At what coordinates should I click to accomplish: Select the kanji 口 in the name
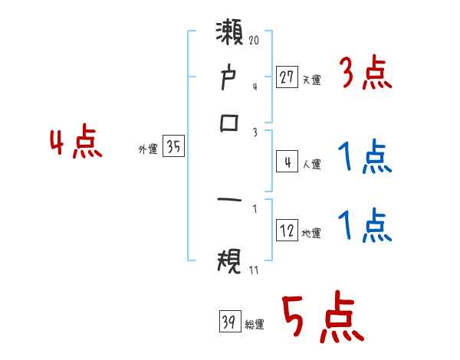[x=230, y=124]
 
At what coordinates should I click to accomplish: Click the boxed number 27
[x=287, y=77]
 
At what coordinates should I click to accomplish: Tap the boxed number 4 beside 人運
[x=287, y=162]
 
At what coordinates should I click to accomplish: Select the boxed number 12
[x=287, y=231]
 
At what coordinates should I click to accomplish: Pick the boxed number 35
[x=173, y=148]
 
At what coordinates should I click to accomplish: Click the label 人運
[x=311, y=164]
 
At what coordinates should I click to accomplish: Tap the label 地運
[x=311, y=233]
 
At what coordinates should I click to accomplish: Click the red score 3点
[x=365, y=74]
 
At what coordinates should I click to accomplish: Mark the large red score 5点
[x=323, y=319]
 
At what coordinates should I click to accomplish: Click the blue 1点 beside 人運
[x=365, y=158]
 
